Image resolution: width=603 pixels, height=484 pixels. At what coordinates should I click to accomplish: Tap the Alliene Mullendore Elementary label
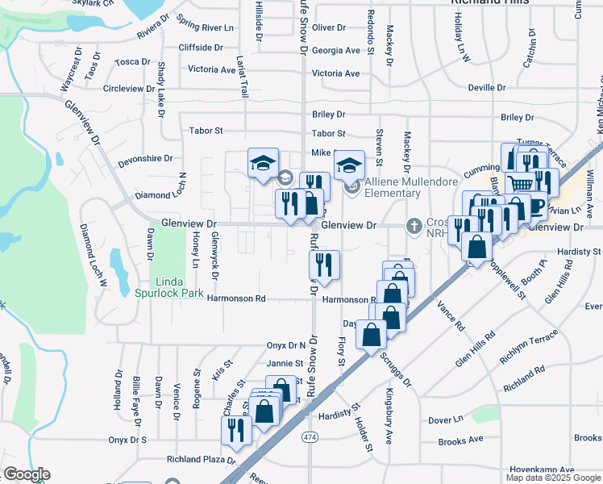tap(393, 187)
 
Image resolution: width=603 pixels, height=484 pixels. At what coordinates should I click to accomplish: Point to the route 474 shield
tap(309, 436)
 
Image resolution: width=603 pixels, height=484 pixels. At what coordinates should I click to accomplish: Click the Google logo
tap(27, 474)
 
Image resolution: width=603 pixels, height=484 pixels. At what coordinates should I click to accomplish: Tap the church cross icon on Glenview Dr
tap(414, 225)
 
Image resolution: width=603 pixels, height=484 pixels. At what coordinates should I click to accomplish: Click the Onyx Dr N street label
tap(286, 345)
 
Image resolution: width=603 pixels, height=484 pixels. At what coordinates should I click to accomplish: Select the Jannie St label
tap(284, 363)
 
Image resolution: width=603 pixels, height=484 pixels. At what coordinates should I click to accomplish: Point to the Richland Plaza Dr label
tap(200, 460)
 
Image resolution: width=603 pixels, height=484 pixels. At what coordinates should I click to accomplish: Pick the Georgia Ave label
tap(335, 50)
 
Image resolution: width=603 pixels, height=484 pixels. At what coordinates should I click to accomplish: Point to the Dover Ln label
tap(446, 419)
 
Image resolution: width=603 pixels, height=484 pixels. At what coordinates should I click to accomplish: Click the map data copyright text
tap(552, 478)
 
